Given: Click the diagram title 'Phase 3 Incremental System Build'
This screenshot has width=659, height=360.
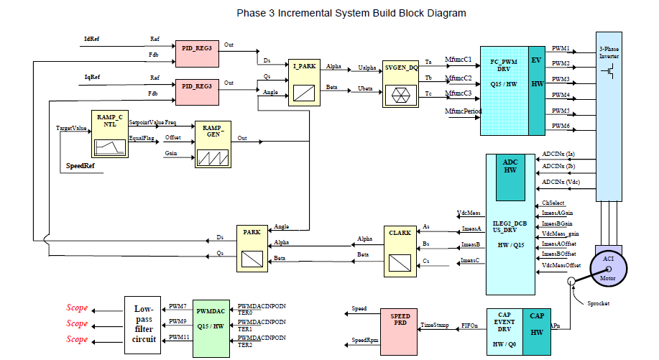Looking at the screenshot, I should tap(351, 13).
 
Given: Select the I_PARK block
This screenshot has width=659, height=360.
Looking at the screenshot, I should tap(303, 83).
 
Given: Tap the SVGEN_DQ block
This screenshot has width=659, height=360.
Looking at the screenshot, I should tap(401, 83).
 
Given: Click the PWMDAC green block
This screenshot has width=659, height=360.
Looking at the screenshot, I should tap(211, 326).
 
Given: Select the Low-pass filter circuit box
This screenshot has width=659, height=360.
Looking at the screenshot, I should tap(144, 326).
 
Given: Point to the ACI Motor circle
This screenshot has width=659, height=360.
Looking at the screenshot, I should tap(608, 270).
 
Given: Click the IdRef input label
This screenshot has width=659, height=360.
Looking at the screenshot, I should tap(92, 38).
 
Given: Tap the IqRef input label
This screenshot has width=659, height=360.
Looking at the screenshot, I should tap(92, 76).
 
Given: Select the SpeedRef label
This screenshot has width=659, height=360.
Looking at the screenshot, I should tap(80, 167).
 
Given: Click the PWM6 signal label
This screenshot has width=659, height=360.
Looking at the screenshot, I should tap(561, 126).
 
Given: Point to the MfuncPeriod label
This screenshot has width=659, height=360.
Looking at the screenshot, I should tap(463, 111).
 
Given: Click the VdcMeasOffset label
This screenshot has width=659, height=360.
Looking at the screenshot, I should tap(561, 264).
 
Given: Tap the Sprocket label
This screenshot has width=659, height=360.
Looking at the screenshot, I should tap(597, 303).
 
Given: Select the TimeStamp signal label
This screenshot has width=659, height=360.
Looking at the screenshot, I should tap(435, 326).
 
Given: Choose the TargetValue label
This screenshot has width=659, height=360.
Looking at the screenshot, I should tap(71, 128).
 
